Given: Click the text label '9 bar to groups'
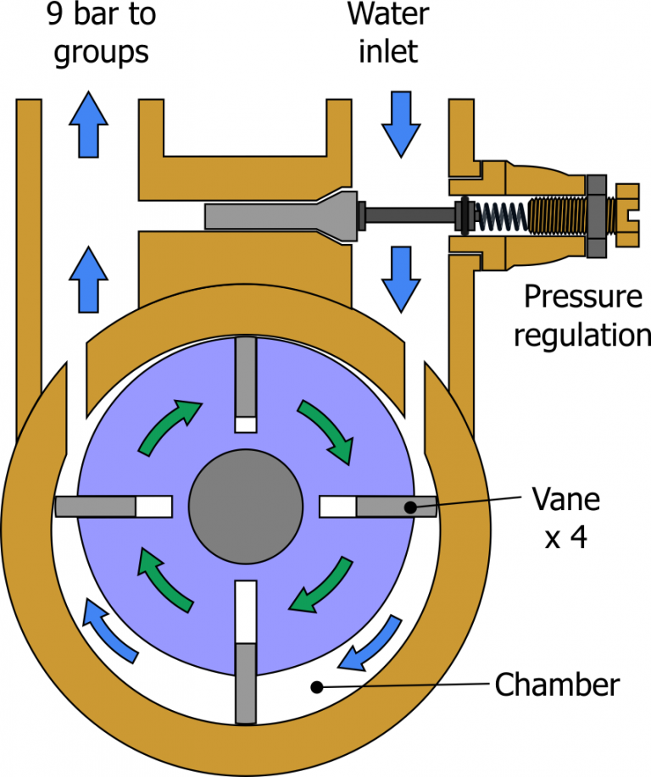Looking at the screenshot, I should [x=101, y=33].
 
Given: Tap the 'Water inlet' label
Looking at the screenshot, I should [x=387, y=33].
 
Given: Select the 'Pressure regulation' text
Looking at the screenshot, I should [x=581, y=315].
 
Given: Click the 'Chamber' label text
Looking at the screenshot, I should [x=557, y=684].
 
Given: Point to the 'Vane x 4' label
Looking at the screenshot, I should [x=565, y=517].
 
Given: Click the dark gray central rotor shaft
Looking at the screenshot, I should [x=246, y=506].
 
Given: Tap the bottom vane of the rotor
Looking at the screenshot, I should [x=246, y=682].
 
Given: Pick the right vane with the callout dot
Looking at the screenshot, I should [x=395, y=507].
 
